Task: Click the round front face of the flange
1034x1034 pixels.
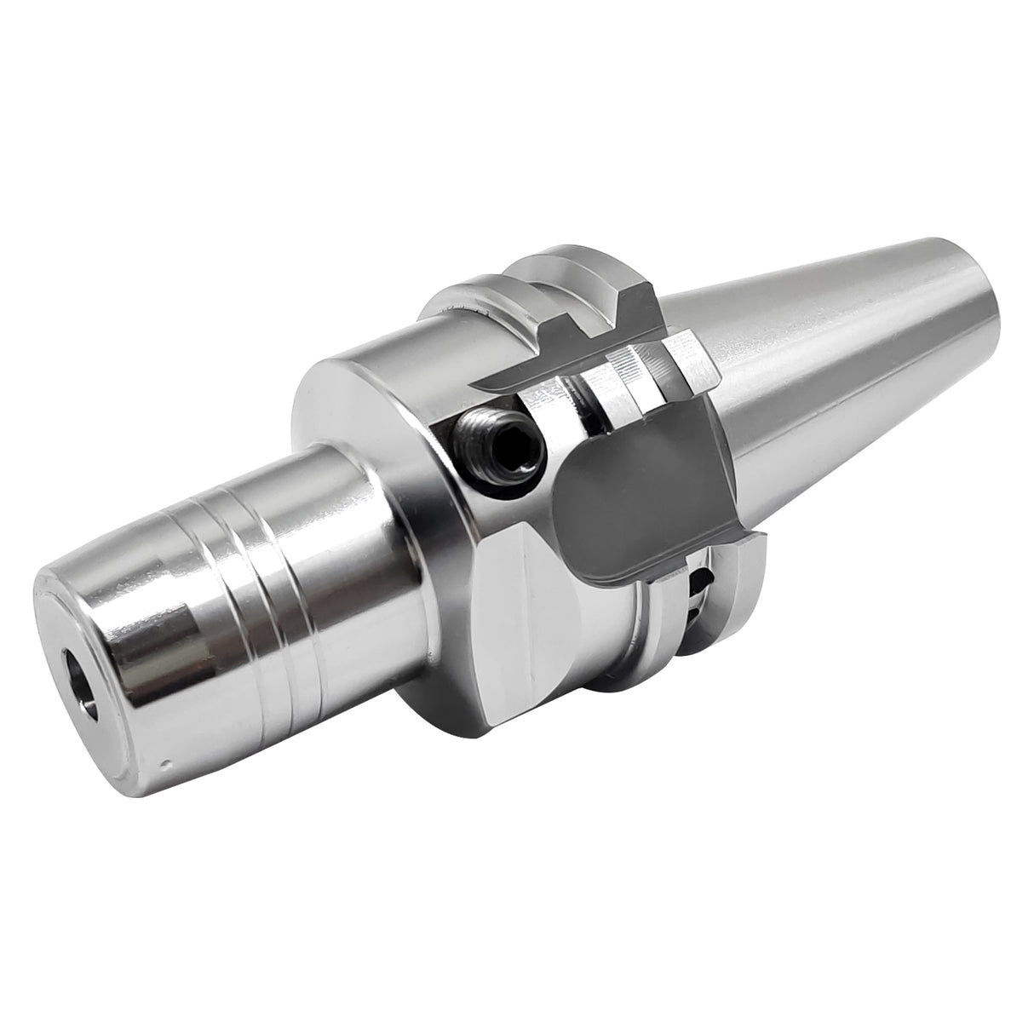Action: point(375,400)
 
